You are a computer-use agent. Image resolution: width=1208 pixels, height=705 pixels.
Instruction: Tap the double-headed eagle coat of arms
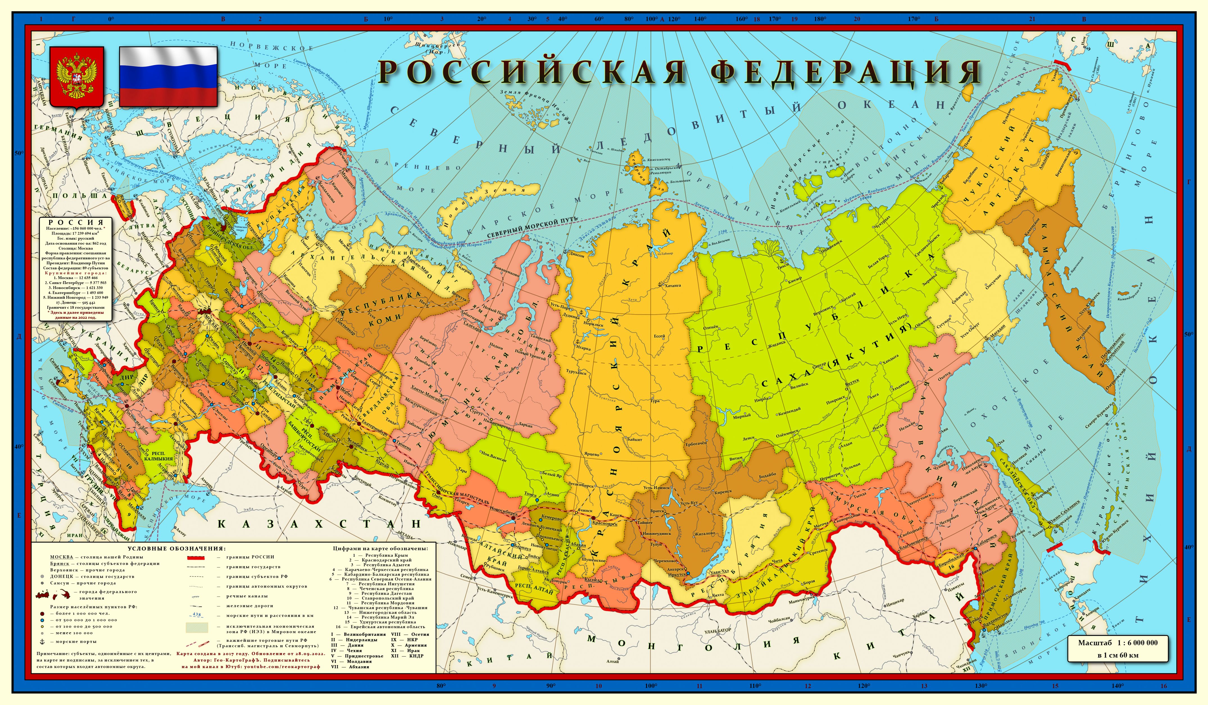77,77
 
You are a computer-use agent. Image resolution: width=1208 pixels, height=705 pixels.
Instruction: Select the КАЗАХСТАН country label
319,524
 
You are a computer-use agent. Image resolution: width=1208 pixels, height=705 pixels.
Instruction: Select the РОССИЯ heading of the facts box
76,222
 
